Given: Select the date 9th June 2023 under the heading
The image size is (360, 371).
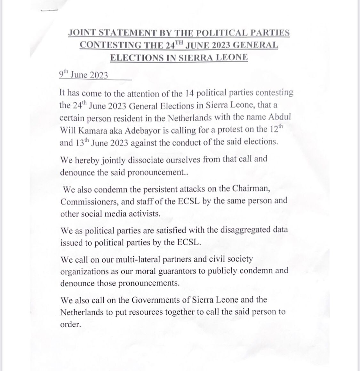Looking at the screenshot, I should pos(84,75).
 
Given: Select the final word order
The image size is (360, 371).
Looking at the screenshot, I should pos(69,325).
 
